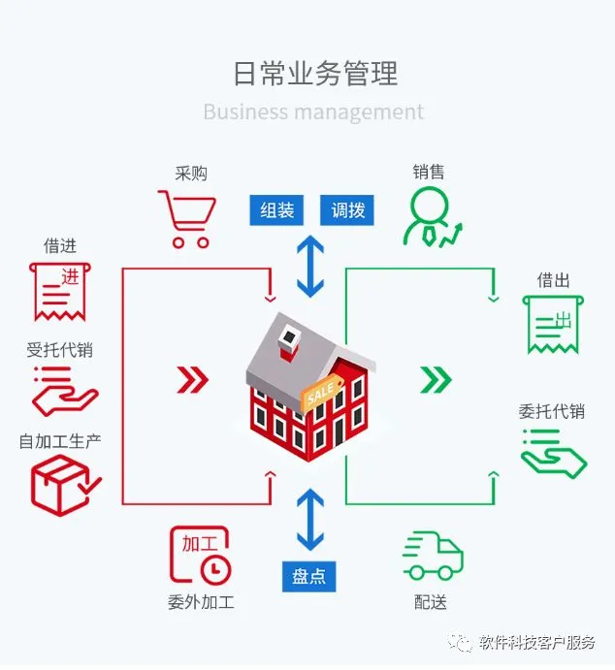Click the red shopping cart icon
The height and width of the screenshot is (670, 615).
pos(188,219)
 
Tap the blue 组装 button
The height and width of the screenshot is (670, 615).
pos(276,210)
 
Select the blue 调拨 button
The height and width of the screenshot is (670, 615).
pos(347,210)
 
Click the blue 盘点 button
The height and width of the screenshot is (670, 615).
pos(309,576)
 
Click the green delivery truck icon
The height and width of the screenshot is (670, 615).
pos(433,556)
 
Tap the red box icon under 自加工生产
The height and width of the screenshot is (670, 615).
pos(64,486)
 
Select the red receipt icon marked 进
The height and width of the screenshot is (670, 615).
pos(60,292)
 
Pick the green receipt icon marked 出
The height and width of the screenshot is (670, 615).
pos(553,324)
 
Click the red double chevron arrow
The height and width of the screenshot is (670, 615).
pos(193,379)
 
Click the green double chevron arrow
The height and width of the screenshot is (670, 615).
pos(436,379)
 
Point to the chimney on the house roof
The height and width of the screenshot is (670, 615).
pos(289,343)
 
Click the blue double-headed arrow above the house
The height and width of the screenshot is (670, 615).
pos(310,266)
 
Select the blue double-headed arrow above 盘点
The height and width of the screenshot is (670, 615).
pos(310,520)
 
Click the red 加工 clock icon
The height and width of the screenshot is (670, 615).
pos(201,555)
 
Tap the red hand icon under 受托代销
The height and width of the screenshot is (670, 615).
pos(65,392)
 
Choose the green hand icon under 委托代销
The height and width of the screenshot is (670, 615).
pos(554,454)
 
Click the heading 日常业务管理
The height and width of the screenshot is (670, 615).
pos(315,74)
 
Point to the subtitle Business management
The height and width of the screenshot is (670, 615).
pos(313,112)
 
